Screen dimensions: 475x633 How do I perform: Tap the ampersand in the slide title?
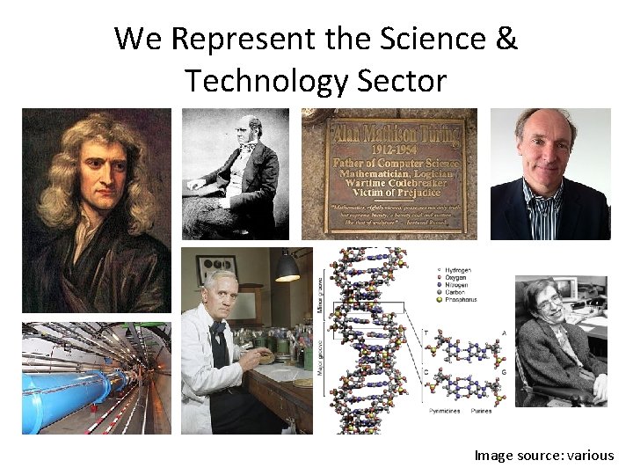pyautogui.click(x=506, y=39)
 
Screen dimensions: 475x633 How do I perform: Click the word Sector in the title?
pyautogui.click(x=402, y=81)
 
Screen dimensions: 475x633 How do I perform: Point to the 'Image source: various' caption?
pyautogui.click(x=543, y=455)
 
